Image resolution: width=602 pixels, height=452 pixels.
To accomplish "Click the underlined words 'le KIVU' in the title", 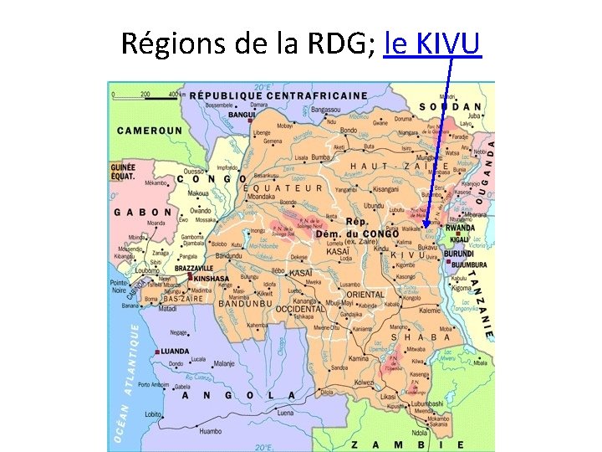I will pyautogui.click(x=432, y=44).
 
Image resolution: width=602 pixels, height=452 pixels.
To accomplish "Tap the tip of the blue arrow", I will pyautogui.click(x=426, y=225).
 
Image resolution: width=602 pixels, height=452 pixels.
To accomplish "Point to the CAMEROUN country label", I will pyautogui.click(x=149, y=131).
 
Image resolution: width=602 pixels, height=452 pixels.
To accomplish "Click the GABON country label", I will pyautogui.click(x=144, y=213).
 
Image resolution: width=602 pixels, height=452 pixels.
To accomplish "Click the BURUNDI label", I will pyautogui.click(x=458, y=253).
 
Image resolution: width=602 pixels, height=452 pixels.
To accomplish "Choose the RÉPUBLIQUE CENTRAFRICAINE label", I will pyautogui.click(x=278, y=95).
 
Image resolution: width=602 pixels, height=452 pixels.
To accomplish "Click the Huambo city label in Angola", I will pyautogui.click(x=212, y=431).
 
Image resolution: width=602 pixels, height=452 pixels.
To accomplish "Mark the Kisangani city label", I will pyautogui.click(x=387, y=190).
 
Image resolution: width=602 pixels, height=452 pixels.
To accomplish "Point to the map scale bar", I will pyautogui.click(x=145, y=95).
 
